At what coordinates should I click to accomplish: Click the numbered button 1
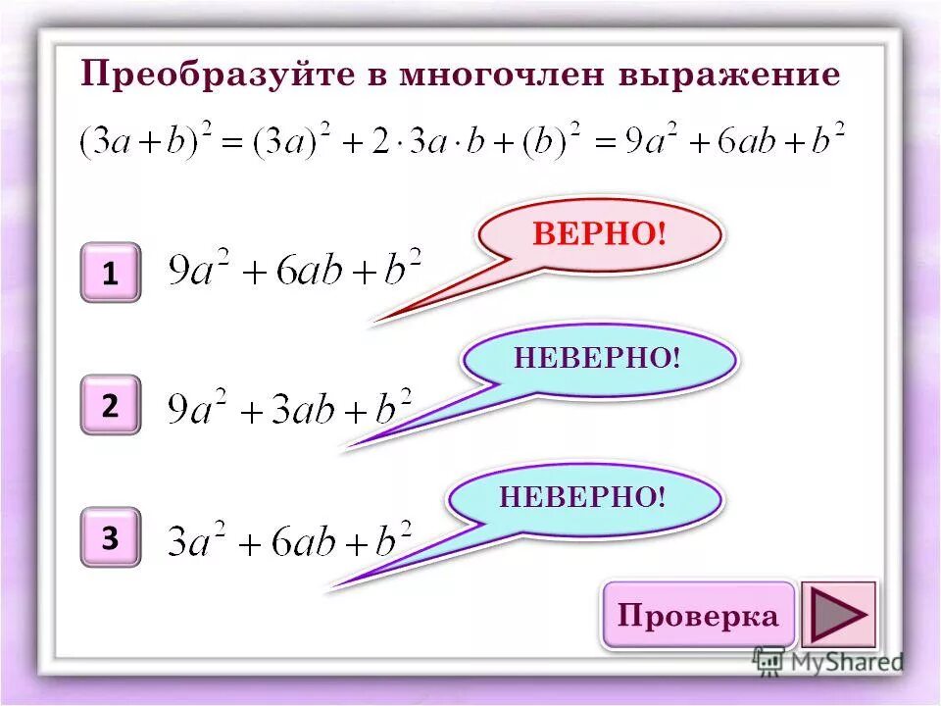pos(110,274)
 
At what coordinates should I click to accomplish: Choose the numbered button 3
pos(110,537)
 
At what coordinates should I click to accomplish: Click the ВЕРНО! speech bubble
pos(599,234)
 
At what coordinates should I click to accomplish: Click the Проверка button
pos(698,616)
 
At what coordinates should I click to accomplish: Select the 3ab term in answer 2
pos(302,409)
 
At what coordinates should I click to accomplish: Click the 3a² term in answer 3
pos(197,540)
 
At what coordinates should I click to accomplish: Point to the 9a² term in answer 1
pos(199,270)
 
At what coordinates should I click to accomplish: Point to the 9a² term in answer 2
pos(197,408)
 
